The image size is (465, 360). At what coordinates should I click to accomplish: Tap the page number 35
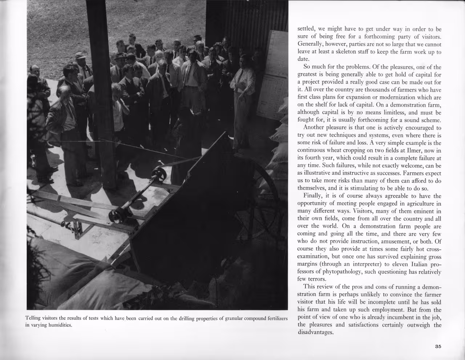pyautogui.click(x=438, y=347)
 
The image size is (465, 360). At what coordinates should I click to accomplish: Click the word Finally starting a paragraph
pyautogui.click(x=313, y=196)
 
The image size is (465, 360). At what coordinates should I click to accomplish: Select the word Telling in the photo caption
pyautogui.click(x=33, y=319)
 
